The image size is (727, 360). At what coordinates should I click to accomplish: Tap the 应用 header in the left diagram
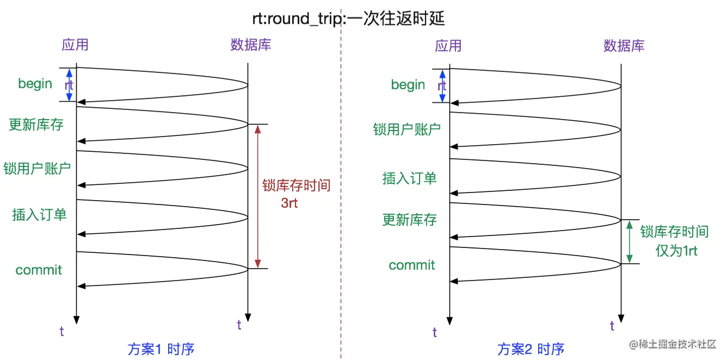pos(75,45)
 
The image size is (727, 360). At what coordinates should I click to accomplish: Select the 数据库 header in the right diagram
pos(624,46)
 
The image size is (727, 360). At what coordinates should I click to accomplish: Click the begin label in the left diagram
pos(35,84)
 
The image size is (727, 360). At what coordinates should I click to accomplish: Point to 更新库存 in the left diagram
pos(36,125)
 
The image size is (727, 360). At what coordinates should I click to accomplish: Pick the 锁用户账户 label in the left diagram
pos(37,168)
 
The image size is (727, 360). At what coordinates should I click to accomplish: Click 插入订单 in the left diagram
pos(40,214)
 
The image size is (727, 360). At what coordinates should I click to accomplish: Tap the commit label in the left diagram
pos(39,270)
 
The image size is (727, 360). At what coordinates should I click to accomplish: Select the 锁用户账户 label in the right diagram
pos(407,129)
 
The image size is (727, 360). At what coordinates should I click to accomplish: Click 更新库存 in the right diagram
pos(410,220)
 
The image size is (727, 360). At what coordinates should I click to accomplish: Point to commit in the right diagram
pos(412,265)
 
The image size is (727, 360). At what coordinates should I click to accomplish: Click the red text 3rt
pos(289,203)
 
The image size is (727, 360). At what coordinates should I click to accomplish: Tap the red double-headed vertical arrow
pos(258,196)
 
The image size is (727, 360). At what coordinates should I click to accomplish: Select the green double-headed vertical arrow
pos(629,242)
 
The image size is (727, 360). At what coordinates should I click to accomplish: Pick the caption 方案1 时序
pos(161,349)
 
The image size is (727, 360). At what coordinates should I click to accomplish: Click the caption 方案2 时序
pos(531,349)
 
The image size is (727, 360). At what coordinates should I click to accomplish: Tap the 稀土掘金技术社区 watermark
pos(673,344)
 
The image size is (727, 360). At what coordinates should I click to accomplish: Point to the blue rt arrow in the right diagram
pos(442,85)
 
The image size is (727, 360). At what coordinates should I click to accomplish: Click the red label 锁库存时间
pos(297,185)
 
